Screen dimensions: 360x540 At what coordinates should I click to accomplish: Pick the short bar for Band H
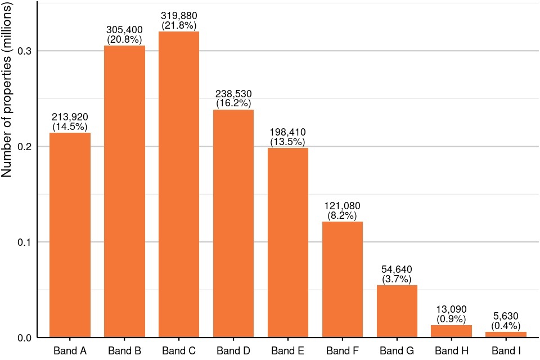pyautogui.click(x=451, y=331)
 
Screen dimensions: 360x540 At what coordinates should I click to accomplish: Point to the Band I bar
pyautogui.click(x=506, y=335)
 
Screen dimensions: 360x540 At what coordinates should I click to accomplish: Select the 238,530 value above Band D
pyautogui.click(x=233, y=94)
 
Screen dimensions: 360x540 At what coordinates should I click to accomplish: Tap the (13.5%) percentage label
pyautogui.click(x=288, y=142)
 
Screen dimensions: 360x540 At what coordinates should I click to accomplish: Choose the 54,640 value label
pyautogui.click(x=397, y=269)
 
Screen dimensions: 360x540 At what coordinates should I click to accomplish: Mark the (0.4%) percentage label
pyautogui.click(x=506, y=326)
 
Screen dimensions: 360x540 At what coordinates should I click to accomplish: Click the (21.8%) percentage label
pyautogui.click(x=179, y=25)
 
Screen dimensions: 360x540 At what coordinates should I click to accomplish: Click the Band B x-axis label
pyautogui.click(x=125, y=351)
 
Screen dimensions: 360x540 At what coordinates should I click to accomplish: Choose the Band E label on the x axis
pyautogui.click(x=288, y=351)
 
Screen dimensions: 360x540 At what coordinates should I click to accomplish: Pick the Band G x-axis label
pyautogui.click(x=397, y=351)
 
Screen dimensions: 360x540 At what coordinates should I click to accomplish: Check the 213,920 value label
pyautogui.click(x=70, y=117)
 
